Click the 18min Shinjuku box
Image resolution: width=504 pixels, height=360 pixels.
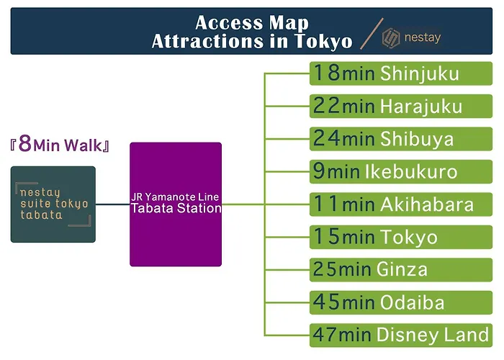401,73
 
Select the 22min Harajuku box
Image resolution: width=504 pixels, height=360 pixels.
401,106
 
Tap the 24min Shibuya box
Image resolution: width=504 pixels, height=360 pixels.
401,139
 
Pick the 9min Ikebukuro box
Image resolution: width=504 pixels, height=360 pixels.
401,171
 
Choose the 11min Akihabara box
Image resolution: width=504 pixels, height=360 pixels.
401,204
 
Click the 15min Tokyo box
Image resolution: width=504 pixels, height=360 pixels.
401,237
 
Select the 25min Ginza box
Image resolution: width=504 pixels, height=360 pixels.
401,270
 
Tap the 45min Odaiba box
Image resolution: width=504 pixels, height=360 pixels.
401,302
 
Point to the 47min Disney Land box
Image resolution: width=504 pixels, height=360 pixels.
401,336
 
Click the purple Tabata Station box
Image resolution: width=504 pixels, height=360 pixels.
176,204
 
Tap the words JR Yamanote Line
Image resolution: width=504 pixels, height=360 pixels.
175,197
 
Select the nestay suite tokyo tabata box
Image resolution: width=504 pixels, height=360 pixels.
53,204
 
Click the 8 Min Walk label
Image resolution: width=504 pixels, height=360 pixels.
60,144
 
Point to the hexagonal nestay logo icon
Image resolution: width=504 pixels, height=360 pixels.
391,38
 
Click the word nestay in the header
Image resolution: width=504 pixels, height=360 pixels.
423,37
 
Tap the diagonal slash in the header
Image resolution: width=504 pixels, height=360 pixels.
372,33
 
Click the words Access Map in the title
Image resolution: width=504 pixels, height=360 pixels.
252,23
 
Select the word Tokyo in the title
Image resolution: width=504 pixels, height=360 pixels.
323,42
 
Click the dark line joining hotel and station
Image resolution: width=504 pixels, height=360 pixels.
113,204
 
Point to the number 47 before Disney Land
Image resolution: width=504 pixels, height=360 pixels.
325,334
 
